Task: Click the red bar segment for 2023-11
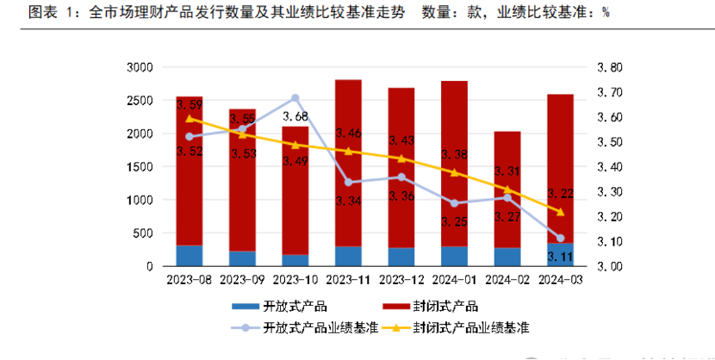click(x=348, y=164)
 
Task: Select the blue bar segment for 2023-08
click(x=189, y=256)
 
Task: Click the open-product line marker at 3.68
click(x=295, y=98)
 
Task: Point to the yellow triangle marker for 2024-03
click(x=560, y=212)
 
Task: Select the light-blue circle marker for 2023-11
click(x=348, y=182)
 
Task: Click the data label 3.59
click(x=189, y=104)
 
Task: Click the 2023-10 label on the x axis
click(x=295, y=280)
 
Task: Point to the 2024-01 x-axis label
click(x=454, y=280)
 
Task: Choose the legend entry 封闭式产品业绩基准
click(x=469, y=328)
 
